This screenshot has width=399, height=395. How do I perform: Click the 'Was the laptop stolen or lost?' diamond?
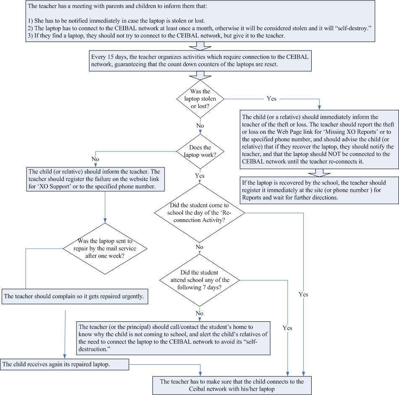tap(200, 99)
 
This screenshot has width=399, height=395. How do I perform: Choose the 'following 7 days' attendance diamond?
tap(199, 280)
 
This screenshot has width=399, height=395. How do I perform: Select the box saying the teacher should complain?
tap(76, 296)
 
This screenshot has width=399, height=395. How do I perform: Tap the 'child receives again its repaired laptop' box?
tap(65, 364)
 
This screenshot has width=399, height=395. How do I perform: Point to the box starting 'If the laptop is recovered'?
tap(319, 190)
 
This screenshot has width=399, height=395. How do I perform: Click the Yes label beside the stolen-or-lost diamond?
tap(271, 98)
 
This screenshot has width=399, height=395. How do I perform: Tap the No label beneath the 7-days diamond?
tap(199, 313)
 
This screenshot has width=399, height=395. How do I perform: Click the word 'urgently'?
tap(131, 296)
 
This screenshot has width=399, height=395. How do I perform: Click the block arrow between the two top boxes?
tap(199, 45)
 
